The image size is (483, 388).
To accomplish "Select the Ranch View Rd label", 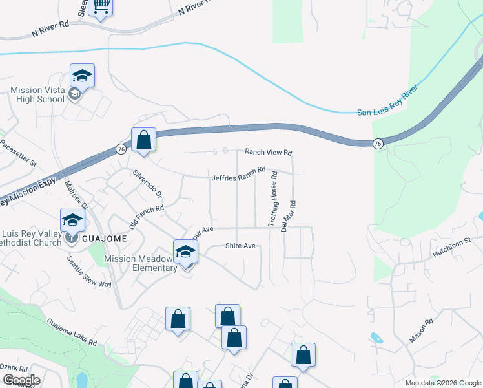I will point(269,153).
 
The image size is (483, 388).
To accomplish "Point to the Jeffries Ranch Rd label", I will point(239,174).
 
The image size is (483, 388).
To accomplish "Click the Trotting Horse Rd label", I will point(273,199).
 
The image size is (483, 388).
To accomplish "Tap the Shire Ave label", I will point(241,246).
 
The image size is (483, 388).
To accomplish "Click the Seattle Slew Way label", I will point(90,272).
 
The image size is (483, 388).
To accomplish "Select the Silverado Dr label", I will point(148,184).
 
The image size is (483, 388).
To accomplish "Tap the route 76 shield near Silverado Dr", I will point(120,149).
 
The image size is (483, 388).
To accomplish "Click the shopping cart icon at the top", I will point(101,7).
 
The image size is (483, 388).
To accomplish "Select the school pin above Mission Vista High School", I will point(82,76).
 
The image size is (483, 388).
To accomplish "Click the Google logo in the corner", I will point(21,380).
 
